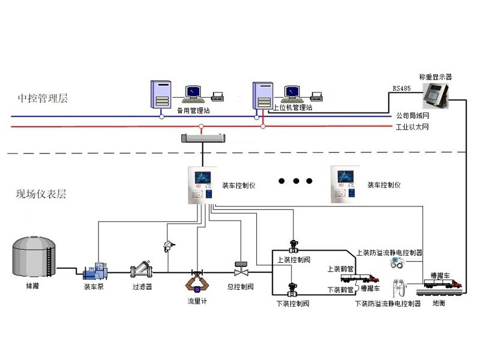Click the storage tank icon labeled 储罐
coord(32,256)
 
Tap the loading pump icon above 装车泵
coord(94,271)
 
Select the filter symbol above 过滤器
coord(142,269)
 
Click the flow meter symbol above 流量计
coord(193,280)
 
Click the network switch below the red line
coord(202,139)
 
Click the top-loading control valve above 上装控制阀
coord(293,246)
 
